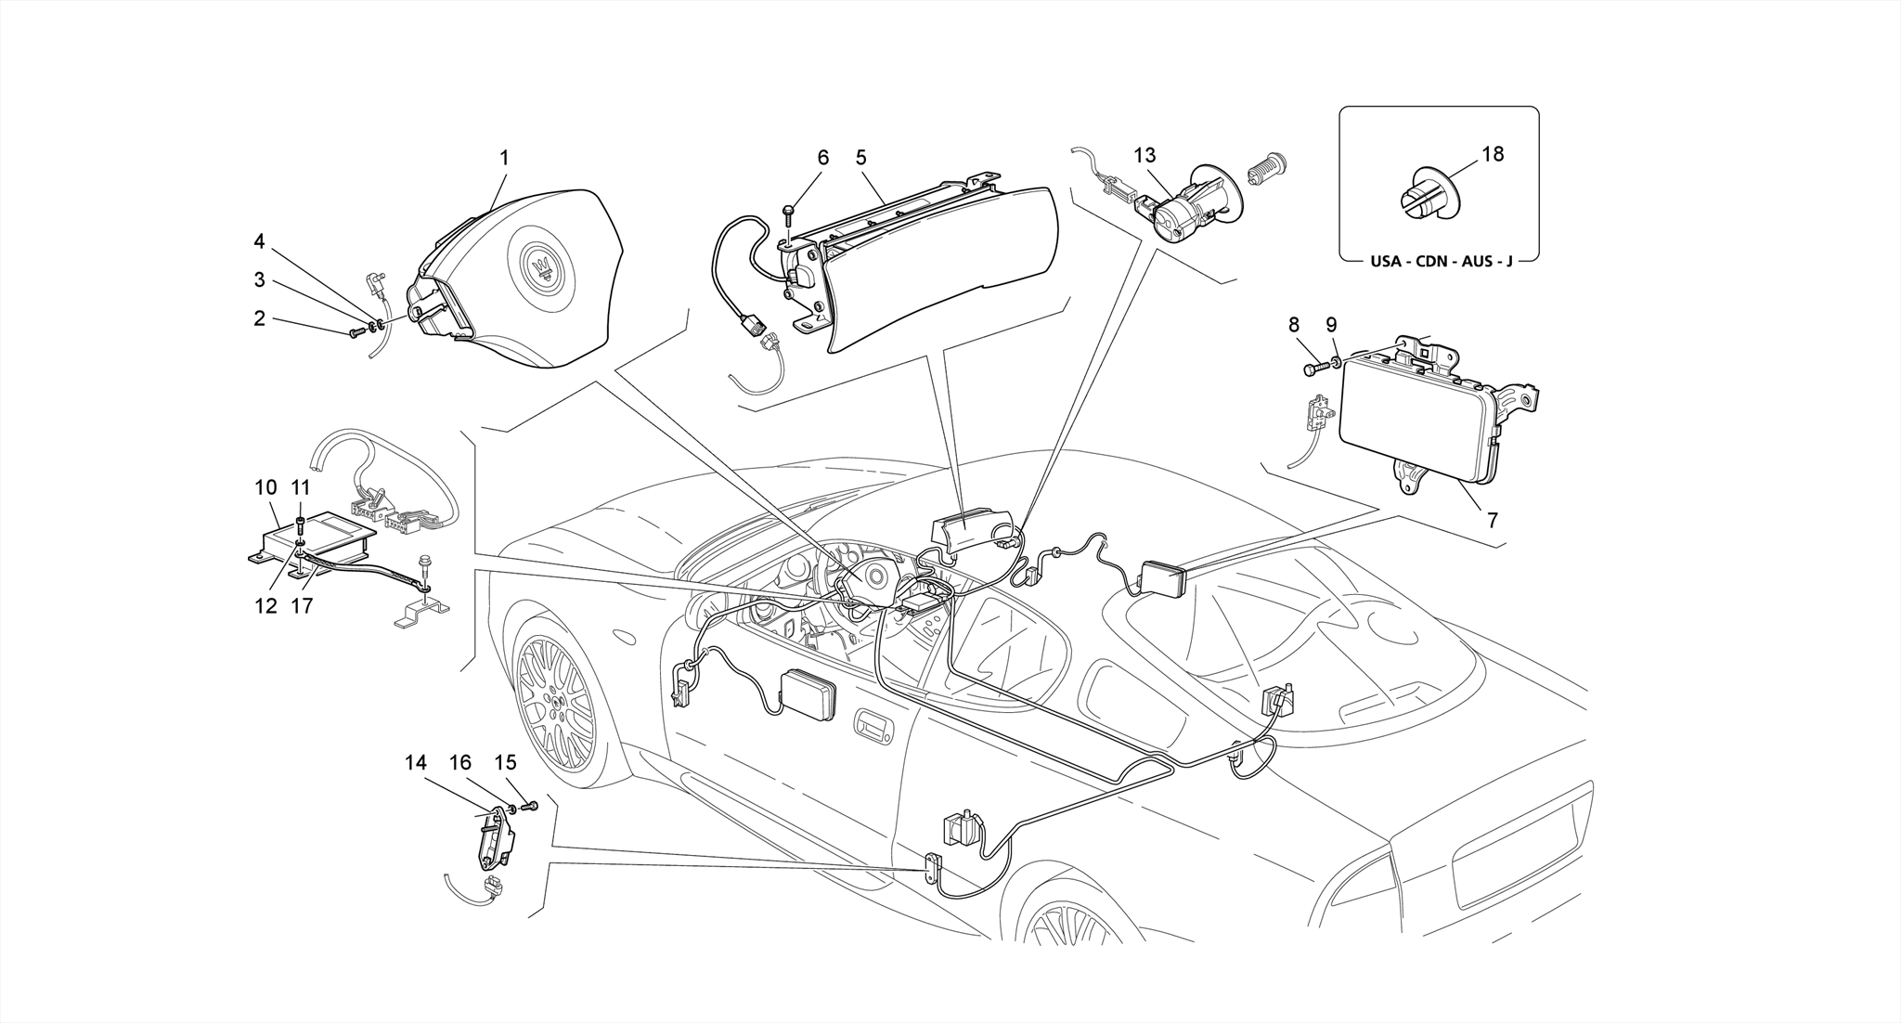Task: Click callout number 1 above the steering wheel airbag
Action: (504, 159)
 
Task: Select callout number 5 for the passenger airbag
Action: (861, 158)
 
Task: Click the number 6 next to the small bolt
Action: (822, 158)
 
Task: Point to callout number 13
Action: (1144, 155)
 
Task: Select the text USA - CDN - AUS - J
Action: (1441, 262)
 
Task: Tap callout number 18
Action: (1493, 154)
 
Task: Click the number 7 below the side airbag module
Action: (1492, 521)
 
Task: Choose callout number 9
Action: (1331, 325)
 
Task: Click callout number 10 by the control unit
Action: (265, 487)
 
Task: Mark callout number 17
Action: (302, 606)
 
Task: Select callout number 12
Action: (265, 606)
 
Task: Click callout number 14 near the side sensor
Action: (415, 763)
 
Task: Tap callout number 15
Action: (504, 763)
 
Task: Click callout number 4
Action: (260, 242)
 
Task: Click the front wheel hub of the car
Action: (555, 706)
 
